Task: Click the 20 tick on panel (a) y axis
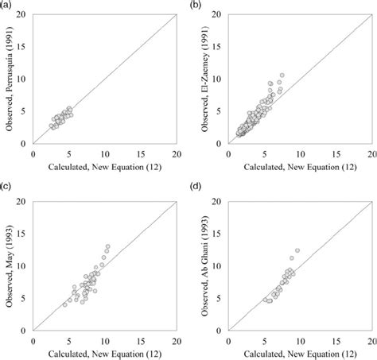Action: [x=24, y=14]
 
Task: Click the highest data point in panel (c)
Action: [x=107, y=246]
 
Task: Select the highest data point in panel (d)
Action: [x=297, y=250]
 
